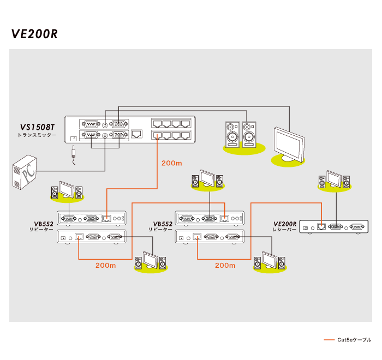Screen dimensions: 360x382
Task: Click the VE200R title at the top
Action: [34, 34]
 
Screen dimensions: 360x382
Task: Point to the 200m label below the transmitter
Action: [172, 163]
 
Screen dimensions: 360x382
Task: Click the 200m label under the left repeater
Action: [105, 266]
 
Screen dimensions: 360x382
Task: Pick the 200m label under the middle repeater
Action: [225, 266]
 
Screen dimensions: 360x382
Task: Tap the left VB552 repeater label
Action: [43, 224]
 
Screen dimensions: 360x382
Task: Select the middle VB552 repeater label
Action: [163, 224]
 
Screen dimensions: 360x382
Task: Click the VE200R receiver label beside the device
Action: [284, 224]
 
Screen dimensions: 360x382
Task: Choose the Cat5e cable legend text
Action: [354, 340]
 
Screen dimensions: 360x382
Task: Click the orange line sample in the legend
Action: [329, 340]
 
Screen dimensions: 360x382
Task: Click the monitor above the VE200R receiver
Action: [335, 179]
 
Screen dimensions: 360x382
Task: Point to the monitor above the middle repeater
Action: [207, 178]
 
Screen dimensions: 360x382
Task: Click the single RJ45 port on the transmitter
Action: [138, 134]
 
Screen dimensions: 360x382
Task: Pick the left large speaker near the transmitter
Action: [232, 134]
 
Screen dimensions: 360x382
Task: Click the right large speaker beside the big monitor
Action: [250, 134]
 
